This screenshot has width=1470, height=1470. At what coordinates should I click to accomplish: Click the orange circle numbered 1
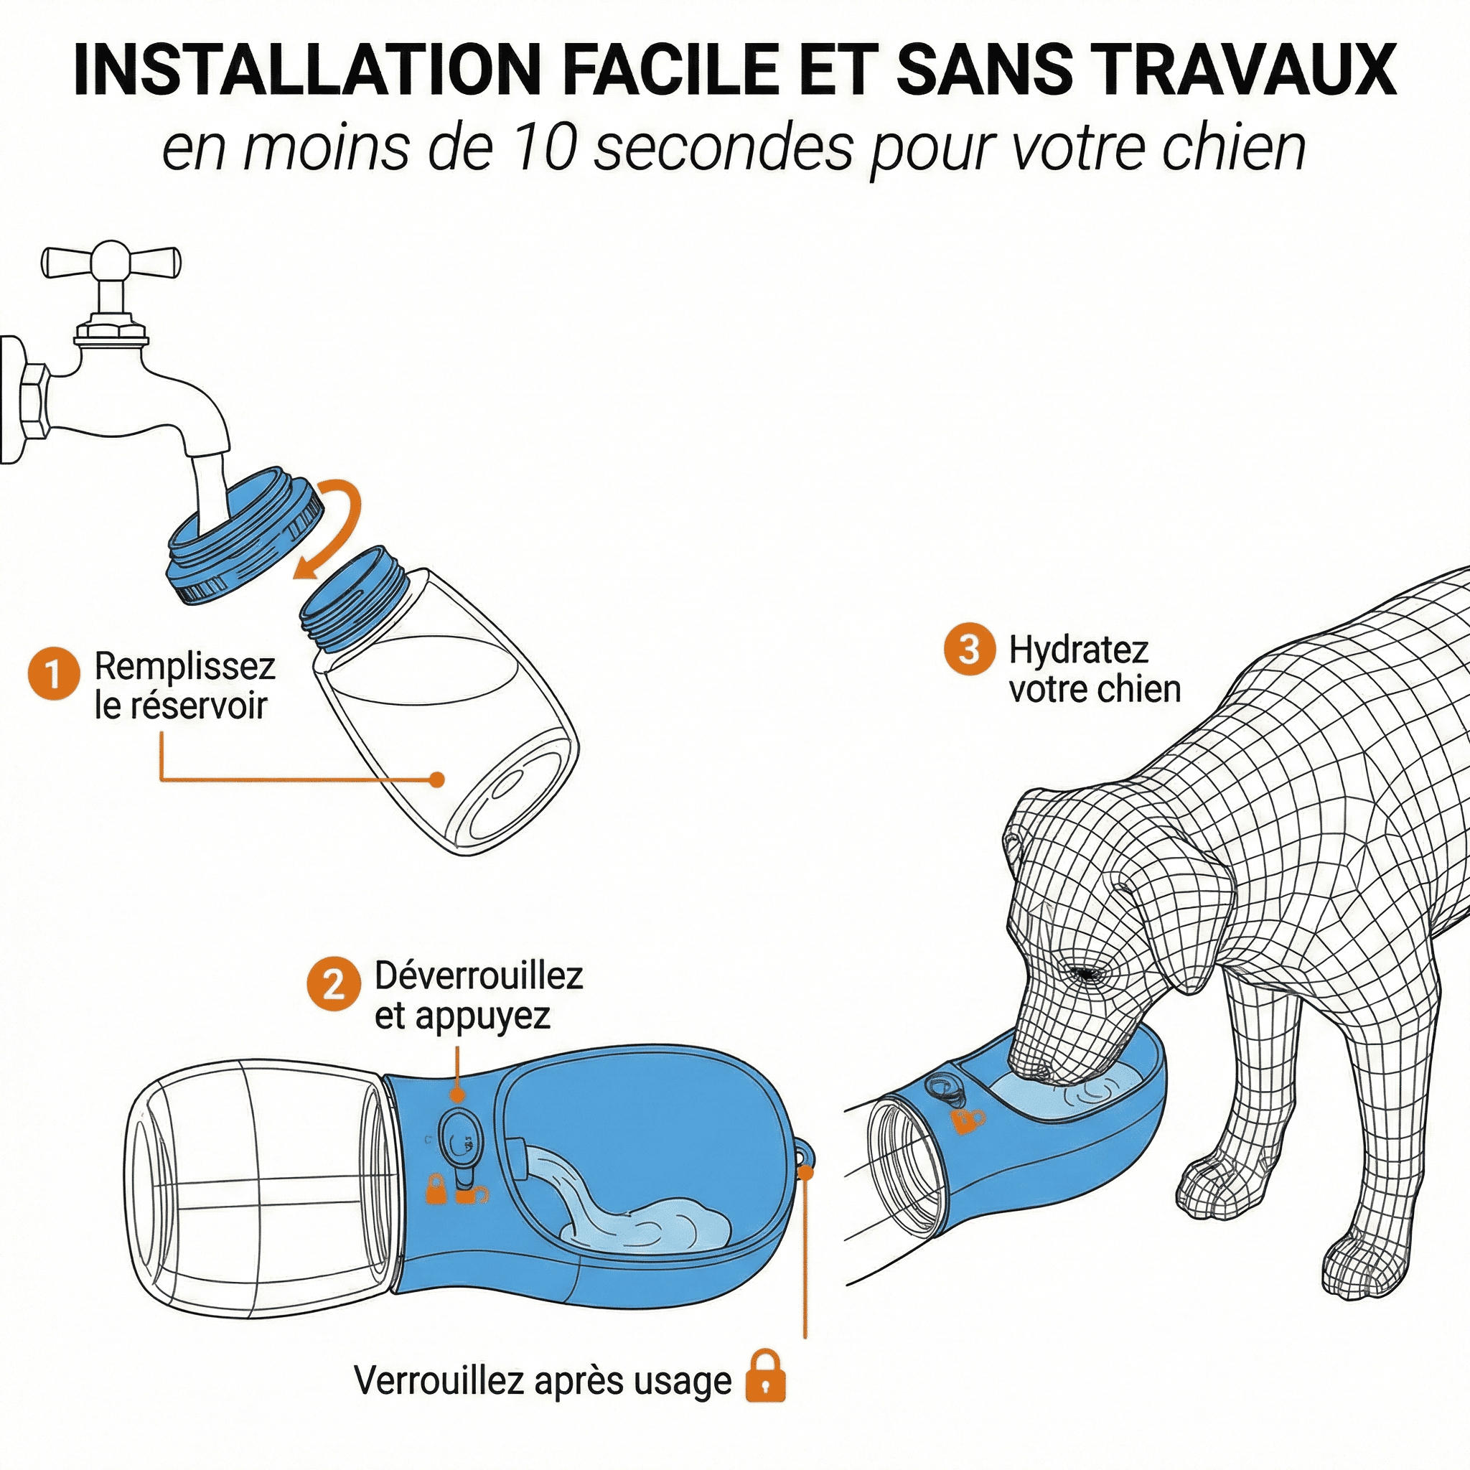53,673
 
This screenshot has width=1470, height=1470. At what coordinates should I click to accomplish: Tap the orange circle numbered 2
333,985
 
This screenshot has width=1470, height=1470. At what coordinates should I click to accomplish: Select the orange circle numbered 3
969,649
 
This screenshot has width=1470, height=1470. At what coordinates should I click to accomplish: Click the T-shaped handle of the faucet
111,261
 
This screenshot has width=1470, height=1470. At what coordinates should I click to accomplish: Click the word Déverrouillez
479,975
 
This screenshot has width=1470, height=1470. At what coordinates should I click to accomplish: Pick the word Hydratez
1078,650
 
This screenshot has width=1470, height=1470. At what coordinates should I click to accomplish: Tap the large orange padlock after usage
766,1375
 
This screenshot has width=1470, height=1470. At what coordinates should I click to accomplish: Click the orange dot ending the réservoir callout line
436,779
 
